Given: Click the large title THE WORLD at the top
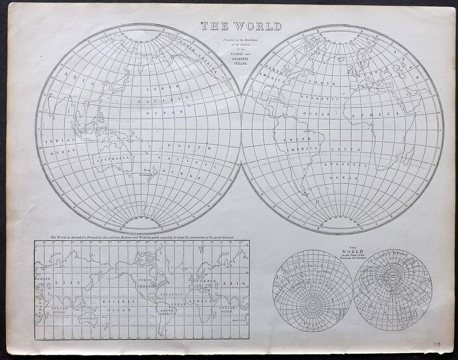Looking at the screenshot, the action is (241, 26).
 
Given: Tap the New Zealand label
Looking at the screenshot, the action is (148, 172).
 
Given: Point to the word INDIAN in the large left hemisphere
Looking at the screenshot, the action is (60, 141).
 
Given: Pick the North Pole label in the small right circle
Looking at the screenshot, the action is (393, 275).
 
